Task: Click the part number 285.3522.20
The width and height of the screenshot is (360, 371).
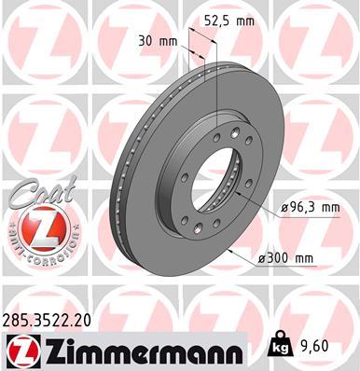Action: tap(53, 321)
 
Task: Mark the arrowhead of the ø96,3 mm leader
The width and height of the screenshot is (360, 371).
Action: tap(253, 203)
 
